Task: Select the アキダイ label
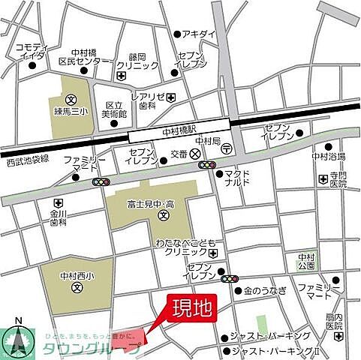[x=199, y=34]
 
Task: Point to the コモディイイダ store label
[x=31, y=50]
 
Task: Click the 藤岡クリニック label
[x=143, y=61]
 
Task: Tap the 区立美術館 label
[x=116, y=111]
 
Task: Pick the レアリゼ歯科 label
[x=147, y=100]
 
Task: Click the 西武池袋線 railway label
[x=28, y=160]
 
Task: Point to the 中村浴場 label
[x=329, y=156]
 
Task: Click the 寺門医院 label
[x=338, y=178]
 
